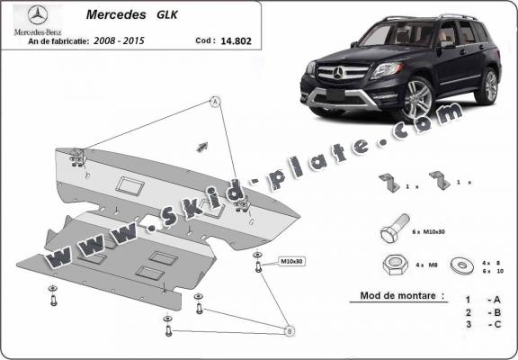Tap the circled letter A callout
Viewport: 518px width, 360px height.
(216, 102)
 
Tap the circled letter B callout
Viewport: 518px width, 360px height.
(289, 331)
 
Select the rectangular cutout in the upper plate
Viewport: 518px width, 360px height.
(129, 185)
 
